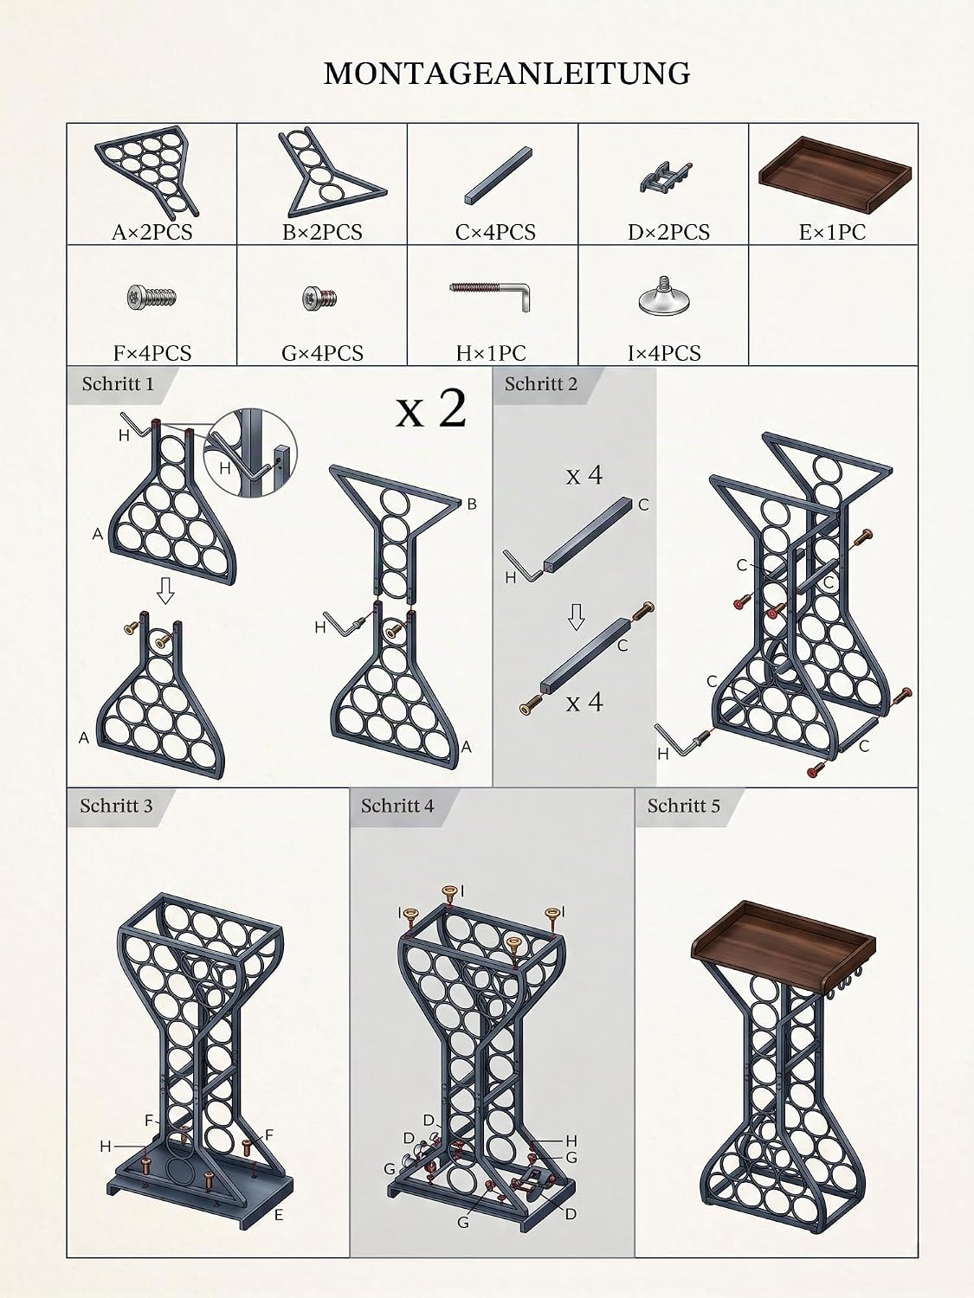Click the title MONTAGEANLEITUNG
tap(506, 74)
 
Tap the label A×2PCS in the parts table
tap(152, 233)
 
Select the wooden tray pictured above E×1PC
tap(835, 176)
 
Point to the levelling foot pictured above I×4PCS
tap(663, 296)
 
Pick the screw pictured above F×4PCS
tap(152, 297)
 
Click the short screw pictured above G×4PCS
tap(320, 298)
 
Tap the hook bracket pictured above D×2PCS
tap(665, 177)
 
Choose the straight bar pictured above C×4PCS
tap(498, 176)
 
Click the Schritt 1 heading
tap(118, 384)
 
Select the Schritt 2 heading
tap(540, 384)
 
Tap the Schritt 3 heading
tap(116, 806)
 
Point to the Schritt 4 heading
tap(397, 806)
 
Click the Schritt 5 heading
tap(684, 806)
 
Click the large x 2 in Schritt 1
tap(431, 409)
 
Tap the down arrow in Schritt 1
tap(165, 590)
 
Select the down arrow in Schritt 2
tap(576, 617)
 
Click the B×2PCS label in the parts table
tap(322, 233)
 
